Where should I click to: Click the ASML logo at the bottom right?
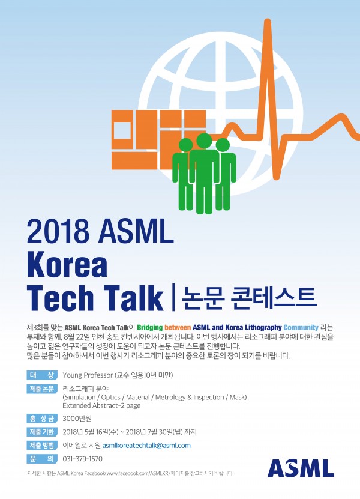click(301, 468)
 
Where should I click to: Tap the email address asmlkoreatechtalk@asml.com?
click(146, 445)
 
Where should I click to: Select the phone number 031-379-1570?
click(83, 459)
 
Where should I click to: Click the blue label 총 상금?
click(42, 418)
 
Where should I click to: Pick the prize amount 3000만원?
click(77, 418)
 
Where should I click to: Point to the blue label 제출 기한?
click(42, 432)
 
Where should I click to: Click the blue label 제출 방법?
click(42, 445)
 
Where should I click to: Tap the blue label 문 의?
click(42, 459)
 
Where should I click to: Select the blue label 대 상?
click(42, 375)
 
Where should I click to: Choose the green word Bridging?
click(150, 327)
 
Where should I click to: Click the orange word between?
click(178, 327)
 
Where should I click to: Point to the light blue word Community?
click(301, 327)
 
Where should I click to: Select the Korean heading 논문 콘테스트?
click(248, 298)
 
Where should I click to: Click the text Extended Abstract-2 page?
click(101, 405)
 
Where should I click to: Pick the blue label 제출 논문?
click(42, 389)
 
